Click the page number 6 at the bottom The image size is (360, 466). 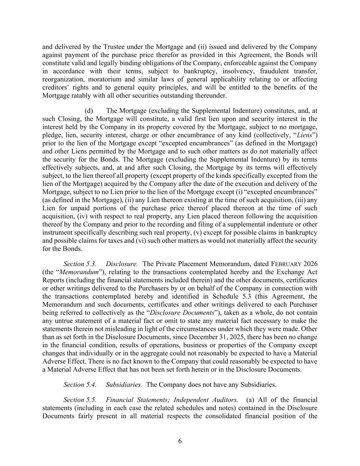click(x=180, y=441)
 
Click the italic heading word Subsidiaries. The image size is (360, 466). click(x=124, y=385)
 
